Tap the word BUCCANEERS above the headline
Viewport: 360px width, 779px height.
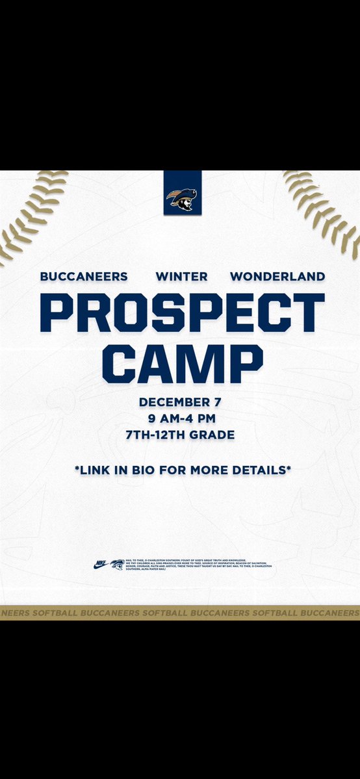[x=84, y=276]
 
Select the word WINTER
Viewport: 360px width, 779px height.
[x=182, y=276]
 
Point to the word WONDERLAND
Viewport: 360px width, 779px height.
[x=277, y=276]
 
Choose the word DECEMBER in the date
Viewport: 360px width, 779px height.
[x=169, y=402]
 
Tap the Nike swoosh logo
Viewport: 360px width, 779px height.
[x=101, y=565]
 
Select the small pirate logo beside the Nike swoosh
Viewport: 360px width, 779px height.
[x=117, y=565]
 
